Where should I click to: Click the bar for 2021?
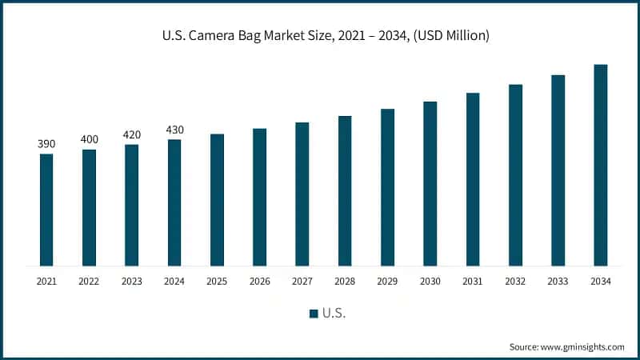pos(46,210)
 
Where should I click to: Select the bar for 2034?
pos(601,165)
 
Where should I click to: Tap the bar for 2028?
pos(345,190)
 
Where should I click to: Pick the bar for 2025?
pos(217,199)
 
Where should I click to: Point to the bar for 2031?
pos(473,179)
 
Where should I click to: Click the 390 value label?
pos(46,144)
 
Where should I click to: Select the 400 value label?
pos(89,140)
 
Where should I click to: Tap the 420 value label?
pos(131,134)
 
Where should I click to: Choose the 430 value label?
pos(174,130)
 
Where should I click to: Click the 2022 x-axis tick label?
pos(89,281)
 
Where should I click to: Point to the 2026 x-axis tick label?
pos(259,281)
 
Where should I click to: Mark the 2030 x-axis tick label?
pos(430,281)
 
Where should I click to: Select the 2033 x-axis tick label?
pos(558,281)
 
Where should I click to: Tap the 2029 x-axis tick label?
pos(387,281)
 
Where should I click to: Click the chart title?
pos(320,35)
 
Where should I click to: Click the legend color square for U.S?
pos(314,313)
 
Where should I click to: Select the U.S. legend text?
pos(334,313)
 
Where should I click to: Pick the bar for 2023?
pos(131,205)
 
